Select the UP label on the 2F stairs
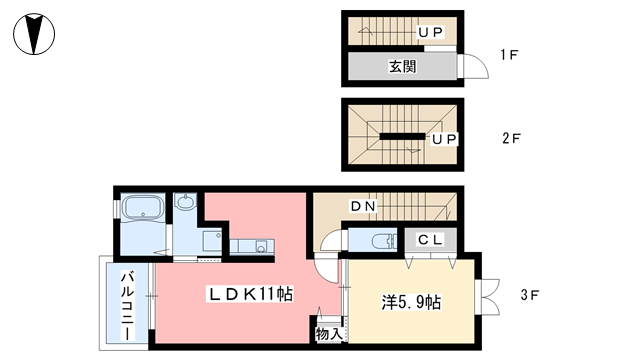[x=444, y=140]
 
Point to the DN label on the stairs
[x=362, y=207]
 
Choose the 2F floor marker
[x=509, y=139]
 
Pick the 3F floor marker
[x=530, y=296]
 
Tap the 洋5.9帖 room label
[x=410, y=302]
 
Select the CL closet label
[x=431, y=239]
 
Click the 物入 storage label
[x=327, y=334]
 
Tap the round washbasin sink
[x=186, y=204]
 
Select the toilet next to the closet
[x=375, y=240]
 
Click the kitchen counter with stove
[x=249, y=245]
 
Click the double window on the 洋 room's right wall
[x=489, y=296]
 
